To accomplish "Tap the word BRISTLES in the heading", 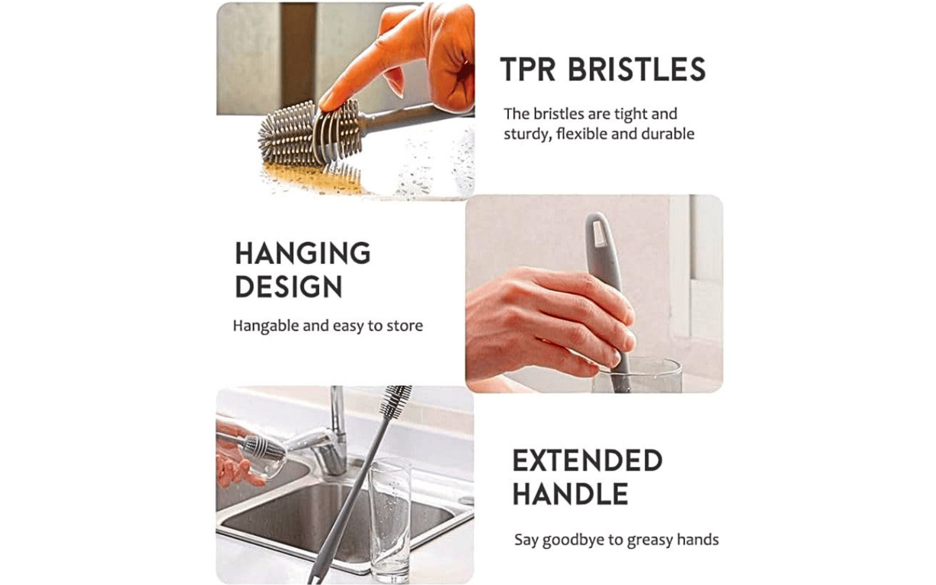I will (636, 70).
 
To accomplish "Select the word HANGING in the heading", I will (302, 254).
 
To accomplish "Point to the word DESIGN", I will (288, 287).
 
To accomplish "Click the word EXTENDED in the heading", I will (587, 461).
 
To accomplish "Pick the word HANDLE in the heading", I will (570, 494).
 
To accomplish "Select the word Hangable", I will (266, 326).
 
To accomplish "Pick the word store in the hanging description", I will (404, 326).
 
